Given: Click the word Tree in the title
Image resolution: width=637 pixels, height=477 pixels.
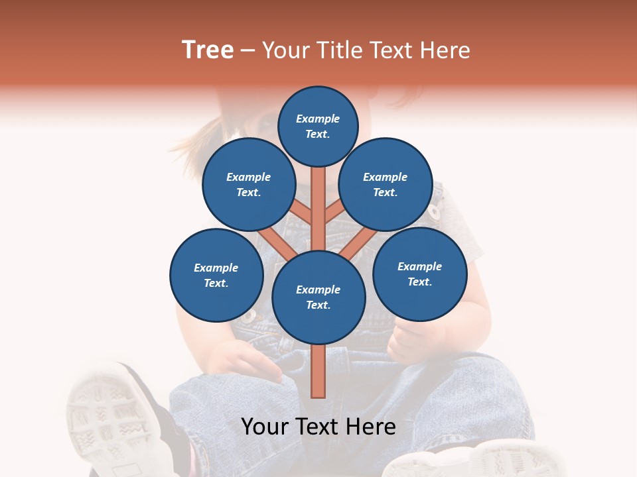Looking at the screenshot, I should [208, 50].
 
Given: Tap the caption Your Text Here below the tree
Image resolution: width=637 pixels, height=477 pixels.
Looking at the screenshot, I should [318, 427].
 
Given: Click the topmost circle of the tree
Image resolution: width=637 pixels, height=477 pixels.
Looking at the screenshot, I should [318, 126].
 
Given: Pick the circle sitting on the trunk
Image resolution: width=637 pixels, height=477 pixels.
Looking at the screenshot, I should [318, 297].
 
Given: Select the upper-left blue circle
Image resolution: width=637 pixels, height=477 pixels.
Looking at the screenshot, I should [248, 184].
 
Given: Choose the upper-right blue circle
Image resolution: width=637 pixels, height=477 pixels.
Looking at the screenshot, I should [386, 184].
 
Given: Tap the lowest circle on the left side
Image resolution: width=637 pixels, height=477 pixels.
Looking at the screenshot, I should [216, 275].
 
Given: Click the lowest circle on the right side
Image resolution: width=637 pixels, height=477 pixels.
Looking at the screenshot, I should [419, 274].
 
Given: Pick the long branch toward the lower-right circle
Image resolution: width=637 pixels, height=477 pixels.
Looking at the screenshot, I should [359, 243].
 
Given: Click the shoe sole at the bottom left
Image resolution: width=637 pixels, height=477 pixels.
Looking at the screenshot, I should [106, 414].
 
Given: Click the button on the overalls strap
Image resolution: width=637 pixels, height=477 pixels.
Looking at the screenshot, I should [435, 212].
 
